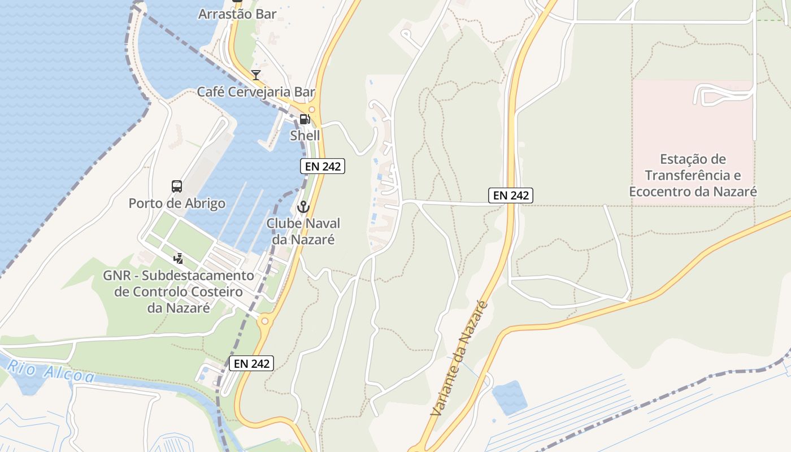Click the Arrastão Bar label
(237, 14)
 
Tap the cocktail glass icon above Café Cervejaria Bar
(256, 75)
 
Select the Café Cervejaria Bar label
(256, 92)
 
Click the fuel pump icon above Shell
(305, 119)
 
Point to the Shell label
(305, 136)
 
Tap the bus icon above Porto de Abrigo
(177, 186)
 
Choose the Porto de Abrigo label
(177, 203)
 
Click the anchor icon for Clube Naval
(303, 207)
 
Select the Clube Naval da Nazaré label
(303, 231)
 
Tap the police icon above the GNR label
(179, 259)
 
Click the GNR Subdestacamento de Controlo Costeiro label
(179, 292)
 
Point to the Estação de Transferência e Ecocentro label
(693, 175)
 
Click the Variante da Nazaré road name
(459, 359)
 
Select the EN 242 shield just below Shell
(322, 166)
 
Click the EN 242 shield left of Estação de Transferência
(511, 195)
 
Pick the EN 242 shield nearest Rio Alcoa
(251, 363)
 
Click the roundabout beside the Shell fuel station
(311, 109)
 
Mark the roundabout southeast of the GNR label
(264, 321)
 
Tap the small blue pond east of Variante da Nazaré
(510, 398)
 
